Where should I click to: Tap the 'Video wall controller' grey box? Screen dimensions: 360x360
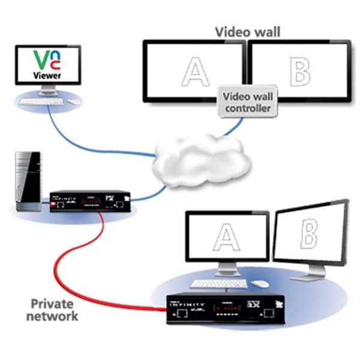point(246,102)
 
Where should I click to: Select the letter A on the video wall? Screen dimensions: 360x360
point(194,71)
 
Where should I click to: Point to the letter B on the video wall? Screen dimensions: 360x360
point(299,71)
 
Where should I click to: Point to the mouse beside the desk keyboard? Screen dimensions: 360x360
point(260,283)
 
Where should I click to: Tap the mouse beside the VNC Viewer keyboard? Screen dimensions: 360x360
point(74,101)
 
